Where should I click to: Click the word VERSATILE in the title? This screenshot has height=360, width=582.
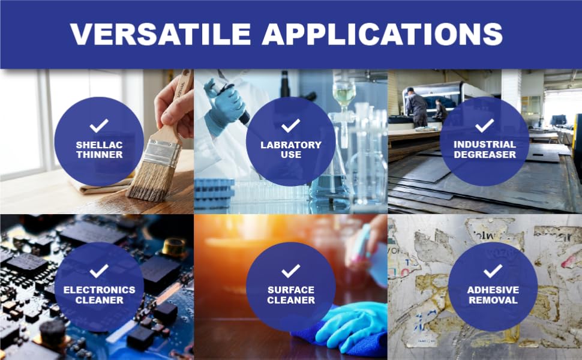(161, 34)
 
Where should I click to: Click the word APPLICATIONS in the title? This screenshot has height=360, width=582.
(382, 34)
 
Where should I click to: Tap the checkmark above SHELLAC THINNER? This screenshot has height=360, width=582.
(99, 126)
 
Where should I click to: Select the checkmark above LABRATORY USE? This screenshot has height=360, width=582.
(290, 126)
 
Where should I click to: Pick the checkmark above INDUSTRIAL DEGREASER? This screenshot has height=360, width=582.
(484, 125)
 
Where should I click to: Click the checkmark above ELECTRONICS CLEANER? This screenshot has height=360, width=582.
(99, 271)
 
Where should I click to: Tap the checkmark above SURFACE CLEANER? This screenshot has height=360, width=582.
(290, 271)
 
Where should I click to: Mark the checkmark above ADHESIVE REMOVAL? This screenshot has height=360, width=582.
(493, 271)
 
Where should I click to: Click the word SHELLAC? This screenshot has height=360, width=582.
(99, 145)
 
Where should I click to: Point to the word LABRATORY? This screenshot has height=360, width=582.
(291, 145)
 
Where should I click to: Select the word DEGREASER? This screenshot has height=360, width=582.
(485, 154)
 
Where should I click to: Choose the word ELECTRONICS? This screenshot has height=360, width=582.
(99, 290)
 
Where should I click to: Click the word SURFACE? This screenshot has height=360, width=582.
(291, 290)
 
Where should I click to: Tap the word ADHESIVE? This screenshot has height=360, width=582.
(493, 290)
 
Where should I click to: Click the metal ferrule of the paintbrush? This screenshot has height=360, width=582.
(162, 152)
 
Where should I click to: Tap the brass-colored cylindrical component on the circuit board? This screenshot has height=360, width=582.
(174, 247)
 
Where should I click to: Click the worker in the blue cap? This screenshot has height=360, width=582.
(416, 107)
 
